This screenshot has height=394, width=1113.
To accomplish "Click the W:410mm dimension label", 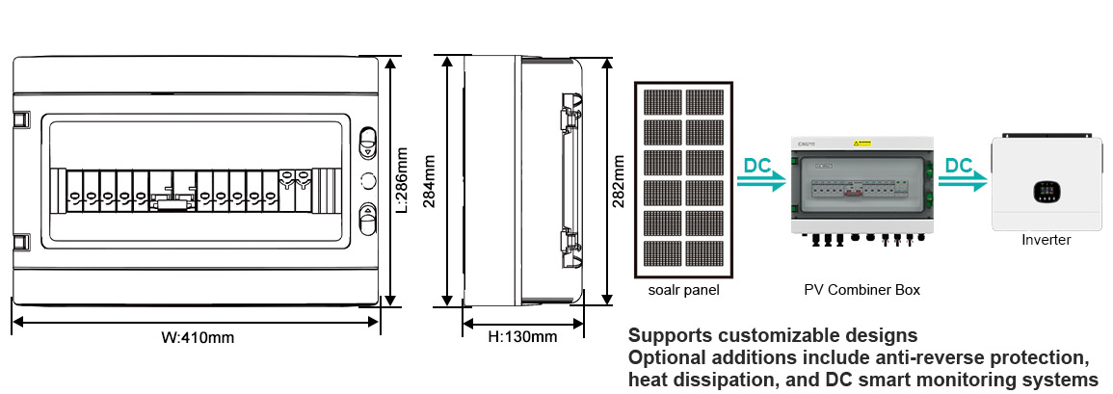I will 197,338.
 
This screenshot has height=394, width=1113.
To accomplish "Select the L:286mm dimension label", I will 404,178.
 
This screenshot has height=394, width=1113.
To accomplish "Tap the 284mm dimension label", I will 431,179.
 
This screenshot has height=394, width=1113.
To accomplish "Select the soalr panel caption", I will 684,289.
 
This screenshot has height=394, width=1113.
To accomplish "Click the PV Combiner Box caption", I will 861,289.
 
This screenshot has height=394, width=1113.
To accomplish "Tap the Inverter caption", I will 1046,240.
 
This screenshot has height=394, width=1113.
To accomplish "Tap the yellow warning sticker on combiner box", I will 861,144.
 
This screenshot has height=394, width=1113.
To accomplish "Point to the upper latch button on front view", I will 367,143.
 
